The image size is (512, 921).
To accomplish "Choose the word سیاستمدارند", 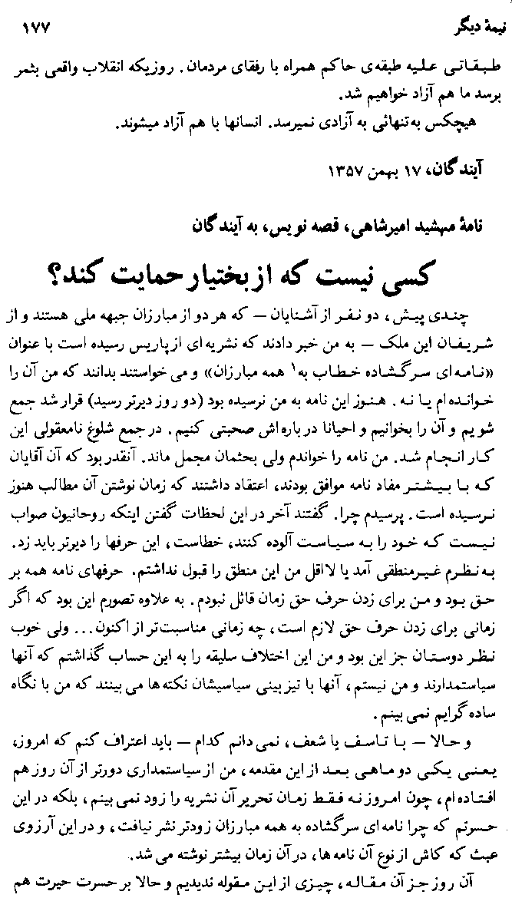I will pyautogui.click(x=457, y=639).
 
